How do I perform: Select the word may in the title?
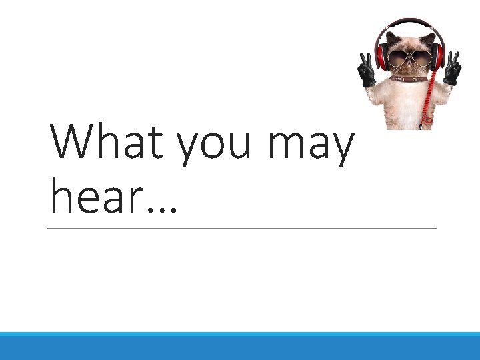pos(311,148)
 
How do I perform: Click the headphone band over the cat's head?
pos(408,24)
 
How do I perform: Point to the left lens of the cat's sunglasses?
pos(398,58)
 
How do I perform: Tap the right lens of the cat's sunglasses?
pos(421,58)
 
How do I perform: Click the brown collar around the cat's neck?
pos(409,79)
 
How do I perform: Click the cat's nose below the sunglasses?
pos(409,67)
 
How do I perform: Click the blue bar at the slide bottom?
pos(240,346)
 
